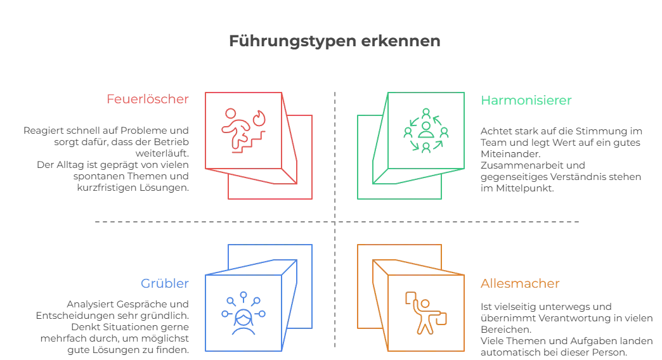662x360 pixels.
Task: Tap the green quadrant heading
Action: click(526, 100)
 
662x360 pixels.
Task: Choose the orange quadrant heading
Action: click(521, 283)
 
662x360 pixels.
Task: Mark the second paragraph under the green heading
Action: click(561, 176)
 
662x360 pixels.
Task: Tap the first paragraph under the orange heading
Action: click(564, 315)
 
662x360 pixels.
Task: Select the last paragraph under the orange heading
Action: click(564, 346)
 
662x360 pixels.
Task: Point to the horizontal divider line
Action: click(190, 221)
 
